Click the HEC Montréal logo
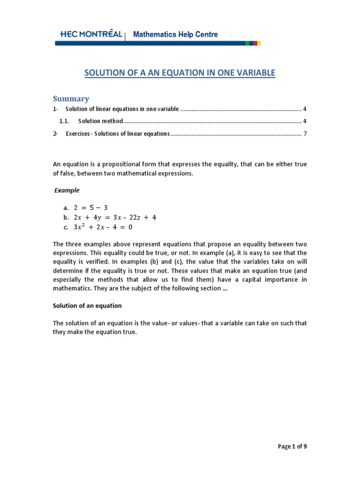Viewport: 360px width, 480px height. point(91,34)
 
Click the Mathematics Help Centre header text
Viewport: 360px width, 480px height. point(175,34)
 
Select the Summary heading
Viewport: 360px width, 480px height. point(71,98)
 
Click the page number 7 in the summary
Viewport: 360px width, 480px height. point(305,134)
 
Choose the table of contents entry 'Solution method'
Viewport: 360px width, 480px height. point(100,121)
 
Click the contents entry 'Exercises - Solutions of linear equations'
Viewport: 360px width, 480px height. point(117,134)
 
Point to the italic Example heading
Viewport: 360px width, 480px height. point(67,190)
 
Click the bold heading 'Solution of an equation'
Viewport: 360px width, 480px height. point(87,306)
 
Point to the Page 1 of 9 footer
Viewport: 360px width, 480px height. point(292,446)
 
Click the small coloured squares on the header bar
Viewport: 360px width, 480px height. point(253,43)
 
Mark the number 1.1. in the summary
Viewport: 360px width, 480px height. point(64,121)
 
